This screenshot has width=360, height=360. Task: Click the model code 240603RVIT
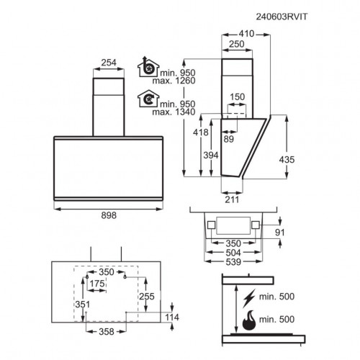(x=282, y=17)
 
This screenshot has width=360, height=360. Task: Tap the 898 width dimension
(x=109, y=215)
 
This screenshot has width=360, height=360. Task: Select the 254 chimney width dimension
(x=109, y=63)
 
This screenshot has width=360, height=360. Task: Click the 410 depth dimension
(x=246, y=34)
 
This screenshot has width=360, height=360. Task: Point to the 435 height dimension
(x=287, y=160)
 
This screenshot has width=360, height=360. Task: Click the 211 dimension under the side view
(x=232, y=199)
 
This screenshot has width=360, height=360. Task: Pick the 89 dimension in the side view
(x=228, y=139)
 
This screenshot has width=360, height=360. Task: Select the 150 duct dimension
(x=238, y=97)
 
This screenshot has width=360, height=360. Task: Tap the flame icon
(x=249, y=320)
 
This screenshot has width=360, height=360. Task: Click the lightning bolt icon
(x=249, y=298)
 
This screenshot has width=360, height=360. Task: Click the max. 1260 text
(x=174, y=81)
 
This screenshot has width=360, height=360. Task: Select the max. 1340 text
(x=174, y=112)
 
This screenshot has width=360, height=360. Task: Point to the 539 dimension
(x=233, y=262)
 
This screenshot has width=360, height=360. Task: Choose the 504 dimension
(x=233, y=253)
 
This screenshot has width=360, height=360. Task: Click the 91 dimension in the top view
(x=280, y=233)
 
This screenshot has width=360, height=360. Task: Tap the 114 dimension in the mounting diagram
(x=172, y=318)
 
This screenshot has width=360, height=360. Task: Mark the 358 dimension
(x=107, y=332)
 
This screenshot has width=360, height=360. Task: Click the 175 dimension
(x=97, y=284)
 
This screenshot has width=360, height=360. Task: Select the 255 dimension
(x=147, y=297)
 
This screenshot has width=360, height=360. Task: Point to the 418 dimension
(x=201, y=132)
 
